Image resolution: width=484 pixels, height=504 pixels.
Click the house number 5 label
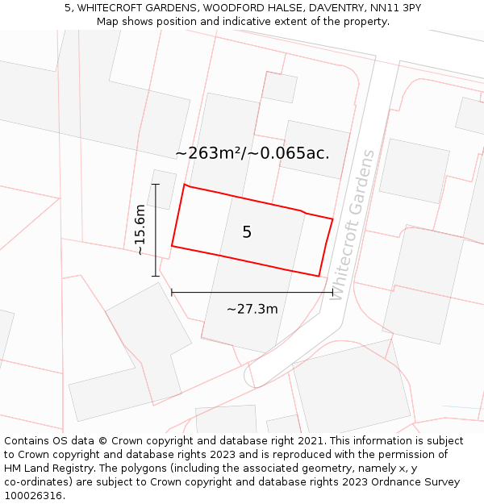(x=247, y=232)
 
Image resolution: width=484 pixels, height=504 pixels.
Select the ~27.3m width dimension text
(x=252, y=309)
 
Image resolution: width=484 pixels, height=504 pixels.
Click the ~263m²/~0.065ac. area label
(x=252, y=152)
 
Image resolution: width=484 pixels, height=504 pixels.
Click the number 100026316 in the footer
(x=31, y=495)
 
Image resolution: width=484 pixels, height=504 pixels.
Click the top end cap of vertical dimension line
(x=156, y=185)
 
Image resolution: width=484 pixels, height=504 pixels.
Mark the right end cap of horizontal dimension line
(x=332, y=293)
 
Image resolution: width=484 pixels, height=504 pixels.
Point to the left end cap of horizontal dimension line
(x=172, y=293)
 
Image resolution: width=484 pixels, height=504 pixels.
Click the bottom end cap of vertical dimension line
(x=156, y=276)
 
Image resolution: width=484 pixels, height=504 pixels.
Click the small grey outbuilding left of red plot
(x=161, y=188)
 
